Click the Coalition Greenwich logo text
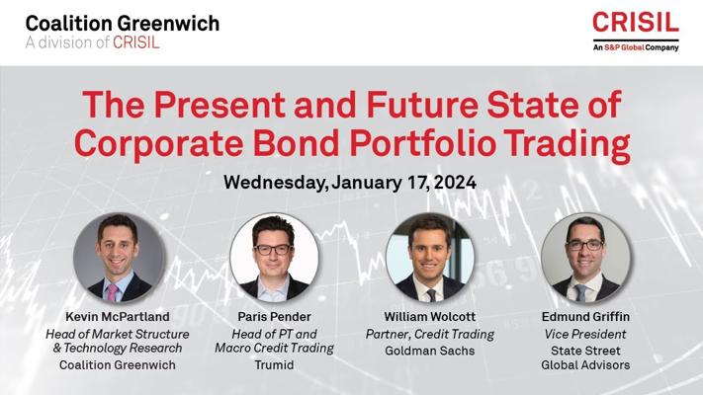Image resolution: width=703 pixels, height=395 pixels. [123, 24]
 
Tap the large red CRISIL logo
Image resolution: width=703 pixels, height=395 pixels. [636, 23]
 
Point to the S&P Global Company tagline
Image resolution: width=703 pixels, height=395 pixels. [636, 47]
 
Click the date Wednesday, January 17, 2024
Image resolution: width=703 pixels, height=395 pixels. [350, 183]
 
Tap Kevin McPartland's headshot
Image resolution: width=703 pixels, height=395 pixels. [119, 257]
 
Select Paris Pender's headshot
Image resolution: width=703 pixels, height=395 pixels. [274, 257]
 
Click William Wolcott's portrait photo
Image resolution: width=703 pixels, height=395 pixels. [429, 257]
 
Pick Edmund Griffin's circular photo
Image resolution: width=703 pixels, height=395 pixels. [585, 257]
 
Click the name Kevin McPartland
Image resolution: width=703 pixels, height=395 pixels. [118, 317]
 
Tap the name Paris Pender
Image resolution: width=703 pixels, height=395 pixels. [274, 317]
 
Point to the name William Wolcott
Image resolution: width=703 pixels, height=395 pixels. [429, 317]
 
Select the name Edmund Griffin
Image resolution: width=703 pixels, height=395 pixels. [585, 317]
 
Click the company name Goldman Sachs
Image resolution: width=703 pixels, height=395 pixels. [429, 351]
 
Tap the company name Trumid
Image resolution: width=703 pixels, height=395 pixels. [274, 365]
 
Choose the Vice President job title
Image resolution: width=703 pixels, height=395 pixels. [585, 334]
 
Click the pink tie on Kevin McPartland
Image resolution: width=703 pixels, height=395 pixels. [112, 292]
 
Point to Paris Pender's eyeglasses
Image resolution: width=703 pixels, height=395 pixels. [273, 250]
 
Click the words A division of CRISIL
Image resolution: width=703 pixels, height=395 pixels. [92, 42]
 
